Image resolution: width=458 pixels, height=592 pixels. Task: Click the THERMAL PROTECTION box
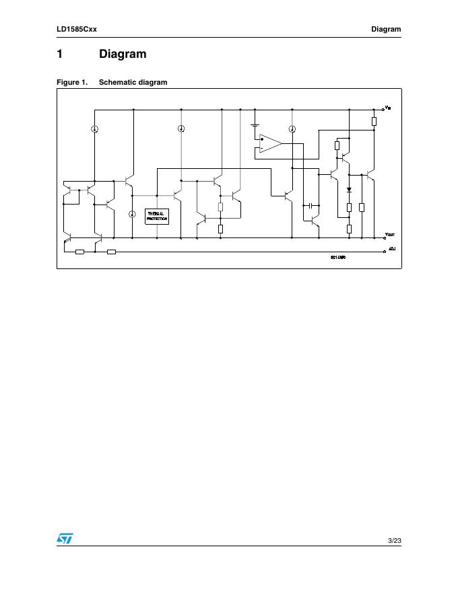157,217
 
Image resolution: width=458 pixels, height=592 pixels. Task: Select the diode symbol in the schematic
349,190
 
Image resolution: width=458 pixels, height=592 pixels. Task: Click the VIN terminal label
388,108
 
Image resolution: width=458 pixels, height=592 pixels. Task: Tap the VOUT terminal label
389,235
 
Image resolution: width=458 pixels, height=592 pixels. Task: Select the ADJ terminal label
392,250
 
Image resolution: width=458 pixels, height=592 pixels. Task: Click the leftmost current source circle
95,129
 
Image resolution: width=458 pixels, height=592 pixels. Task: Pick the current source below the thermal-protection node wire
132,214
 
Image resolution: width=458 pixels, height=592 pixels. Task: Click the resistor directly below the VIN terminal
374,122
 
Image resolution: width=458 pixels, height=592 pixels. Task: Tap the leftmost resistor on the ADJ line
80,252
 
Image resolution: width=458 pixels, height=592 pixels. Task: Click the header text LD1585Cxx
77,29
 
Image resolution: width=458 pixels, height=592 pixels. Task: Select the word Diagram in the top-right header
386,29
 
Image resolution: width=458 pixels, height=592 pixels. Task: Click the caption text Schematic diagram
133,82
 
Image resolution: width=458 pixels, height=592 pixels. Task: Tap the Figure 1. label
72,82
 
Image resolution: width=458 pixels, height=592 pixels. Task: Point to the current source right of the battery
292,129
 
